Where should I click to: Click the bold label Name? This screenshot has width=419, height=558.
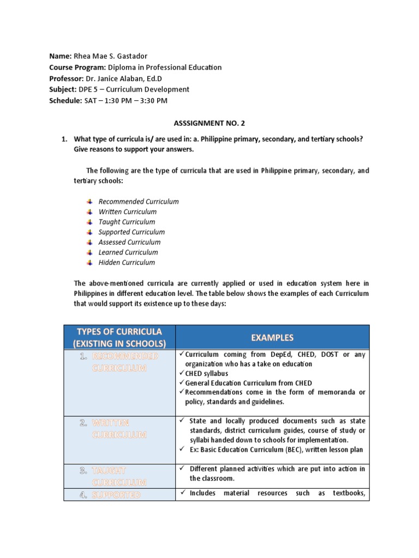coord(60,57)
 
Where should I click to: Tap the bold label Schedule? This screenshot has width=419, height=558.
coord(65,100)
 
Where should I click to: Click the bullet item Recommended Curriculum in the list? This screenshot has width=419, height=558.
coord(138,202)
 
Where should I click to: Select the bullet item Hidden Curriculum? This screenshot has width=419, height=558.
coord(127,263)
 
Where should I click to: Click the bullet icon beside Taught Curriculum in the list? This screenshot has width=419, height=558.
coord(89,222)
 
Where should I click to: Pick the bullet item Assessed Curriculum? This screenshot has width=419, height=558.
coord(129,242)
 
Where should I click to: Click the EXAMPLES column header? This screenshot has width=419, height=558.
coord(272,338)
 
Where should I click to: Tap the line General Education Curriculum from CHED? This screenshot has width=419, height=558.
coord(248,383)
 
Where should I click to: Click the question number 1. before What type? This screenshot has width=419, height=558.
coord(64,139)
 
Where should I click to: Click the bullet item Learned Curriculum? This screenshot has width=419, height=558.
coord(128,252)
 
